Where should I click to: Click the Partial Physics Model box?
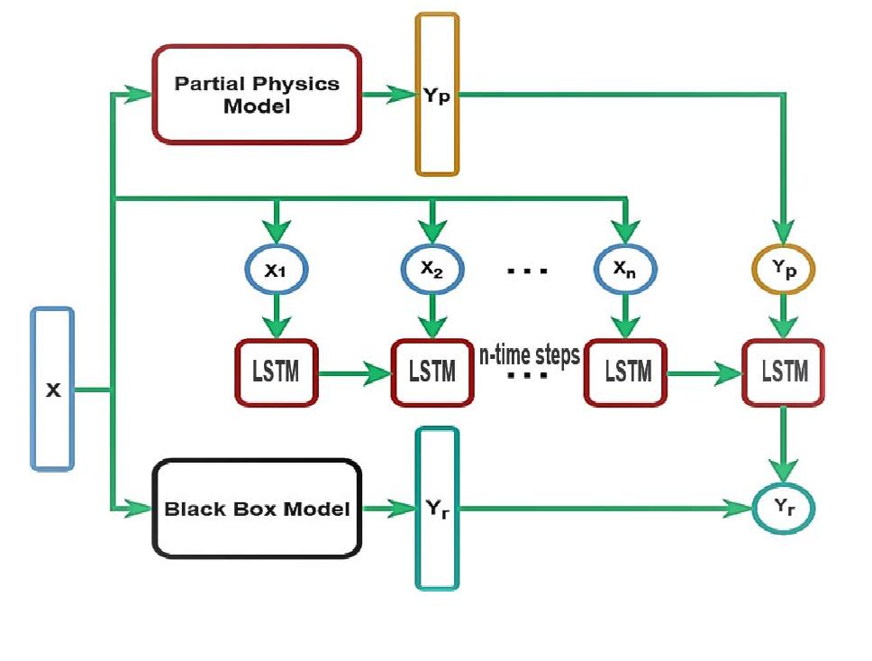(x=257, y=95)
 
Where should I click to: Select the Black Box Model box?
(x=257, y=509)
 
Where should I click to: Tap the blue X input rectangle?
(x=52, y=389)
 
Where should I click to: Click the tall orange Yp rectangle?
(x=437, y=95)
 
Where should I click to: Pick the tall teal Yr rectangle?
(x=437, y=509)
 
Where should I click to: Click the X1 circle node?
(x=276, y=268)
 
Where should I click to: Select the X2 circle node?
(x=431, y=268)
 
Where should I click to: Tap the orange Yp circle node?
(x=783, y=268)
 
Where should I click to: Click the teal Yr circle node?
(x=783, y=509)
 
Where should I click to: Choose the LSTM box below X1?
(x=276, y=371)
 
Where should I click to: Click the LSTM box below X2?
(x=431, y=371)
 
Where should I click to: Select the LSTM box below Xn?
(x=625, y=371)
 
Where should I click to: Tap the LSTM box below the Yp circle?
(x=783, y=371)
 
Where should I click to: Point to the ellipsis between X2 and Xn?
(x=527, y=270)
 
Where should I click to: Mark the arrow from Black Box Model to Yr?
(x=387, y=510)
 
